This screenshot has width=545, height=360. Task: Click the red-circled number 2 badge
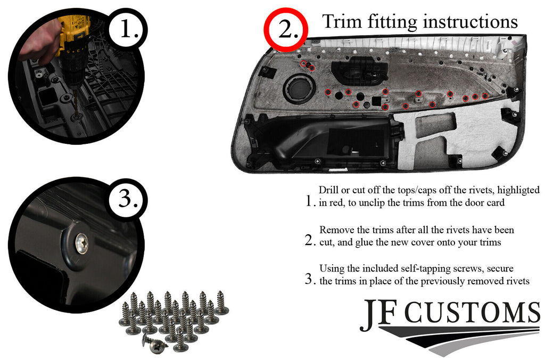tap(286, 30)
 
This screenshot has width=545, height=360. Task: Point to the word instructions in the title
tap(470, 21)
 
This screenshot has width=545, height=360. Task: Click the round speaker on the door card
tap(299, 89)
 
